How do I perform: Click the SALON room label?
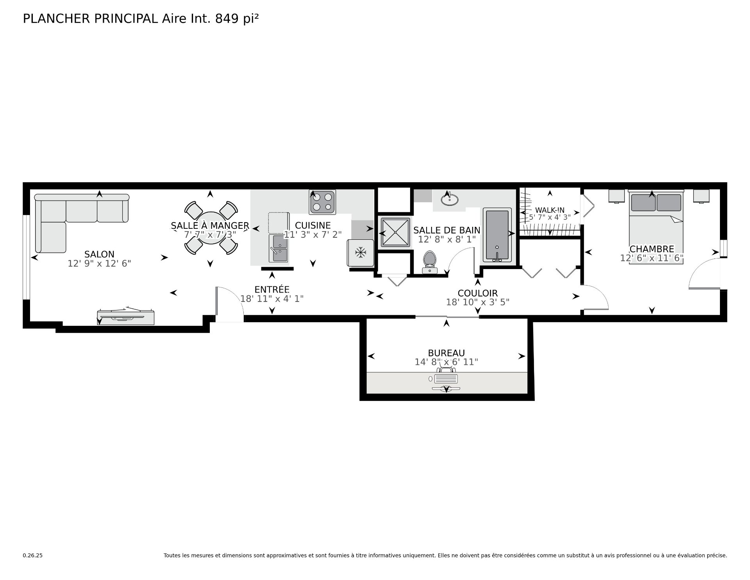99,254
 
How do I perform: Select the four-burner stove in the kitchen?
322,202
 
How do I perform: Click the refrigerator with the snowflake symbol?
360,253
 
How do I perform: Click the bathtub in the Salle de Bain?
497,235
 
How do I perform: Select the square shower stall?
396,232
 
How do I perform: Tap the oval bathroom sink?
450,199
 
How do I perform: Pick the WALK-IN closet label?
550,210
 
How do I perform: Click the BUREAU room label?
446,353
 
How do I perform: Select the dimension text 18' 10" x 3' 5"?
477,302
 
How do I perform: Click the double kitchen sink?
279,248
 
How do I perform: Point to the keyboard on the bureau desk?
446,379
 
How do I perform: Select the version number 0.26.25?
32,555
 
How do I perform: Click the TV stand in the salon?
126,316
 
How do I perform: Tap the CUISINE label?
312,225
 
